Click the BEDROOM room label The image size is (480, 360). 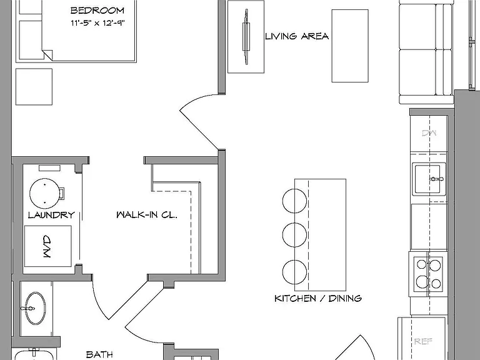click(97, 11)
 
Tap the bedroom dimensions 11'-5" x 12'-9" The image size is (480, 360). click(98, 22)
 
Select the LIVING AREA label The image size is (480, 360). click(297, 36)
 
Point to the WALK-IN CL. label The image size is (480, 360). click(147, 214)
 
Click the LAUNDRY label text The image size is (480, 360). click(51, 215)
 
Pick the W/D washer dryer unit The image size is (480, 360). click(48, 246)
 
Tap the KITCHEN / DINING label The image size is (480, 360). click(318, 298)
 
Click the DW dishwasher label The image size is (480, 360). click(429, 133)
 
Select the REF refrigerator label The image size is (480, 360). click(423, 341)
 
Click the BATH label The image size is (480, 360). click(99, 354)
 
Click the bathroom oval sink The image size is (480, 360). click(35, 308)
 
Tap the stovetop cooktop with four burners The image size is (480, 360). click(428, 274)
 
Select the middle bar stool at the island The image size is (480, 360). click(294, 235)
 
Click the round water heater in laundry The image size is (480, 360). click(45, 194)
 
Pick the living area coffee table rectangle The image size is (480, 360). click(350, 46)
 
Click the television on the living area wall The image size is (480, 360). click(246, 37)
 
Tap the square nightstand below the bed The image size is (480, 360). click(34, 87)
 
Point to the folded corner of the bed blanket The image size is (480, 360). click(47, 55)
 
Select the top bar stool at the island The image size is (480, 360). click(294, 201)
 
